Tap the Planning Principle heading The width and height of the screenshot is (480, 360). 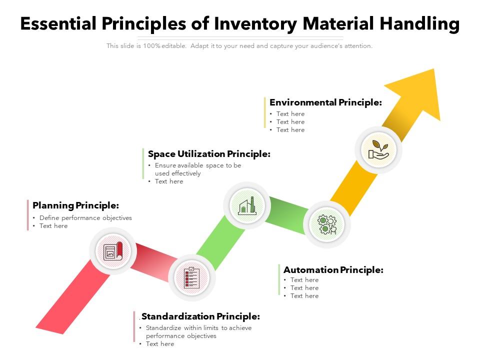(x=75, y=205)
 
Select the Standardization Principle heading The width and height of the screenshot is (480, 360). (x=200, y=316)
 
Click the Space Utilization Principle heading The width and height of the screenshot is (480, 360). (x=209, y=154)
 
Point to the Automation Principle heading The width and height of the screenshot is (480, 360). (x=333, y=270)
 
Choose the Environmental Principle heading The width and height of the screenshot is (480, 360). (x=325, y=102)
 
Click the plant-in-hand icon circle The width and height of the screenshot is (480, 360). (x=378, y=150)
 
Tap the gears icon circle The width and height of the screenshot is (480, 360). (x=327, y=224)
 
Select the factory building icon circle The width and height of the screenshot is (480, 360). (x=246, y=205)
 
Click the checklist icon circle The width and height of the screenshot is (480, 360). (x=192, y=277)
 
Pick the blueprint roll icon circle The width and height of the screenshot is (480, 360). (x=112, y=251)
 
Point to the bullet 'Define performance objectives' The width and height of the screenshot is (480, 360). (x=85, y=218)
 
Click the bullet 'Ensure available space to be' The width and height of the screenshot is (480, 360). (x=198, y=165)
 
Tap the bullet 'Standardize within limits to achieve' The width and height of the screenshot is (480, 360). (x=198, y=328)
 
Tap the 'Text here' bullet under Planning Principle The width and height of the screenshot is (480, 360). (x=53, y=226)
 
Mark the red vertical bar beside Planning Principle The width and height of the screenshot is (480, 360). (x=28, y=215)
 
